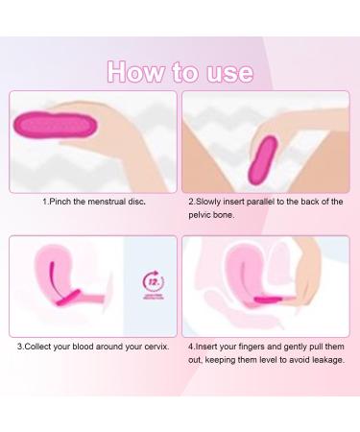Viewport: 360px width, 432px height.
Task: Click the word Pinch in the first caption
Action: [x=64, y=203]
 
